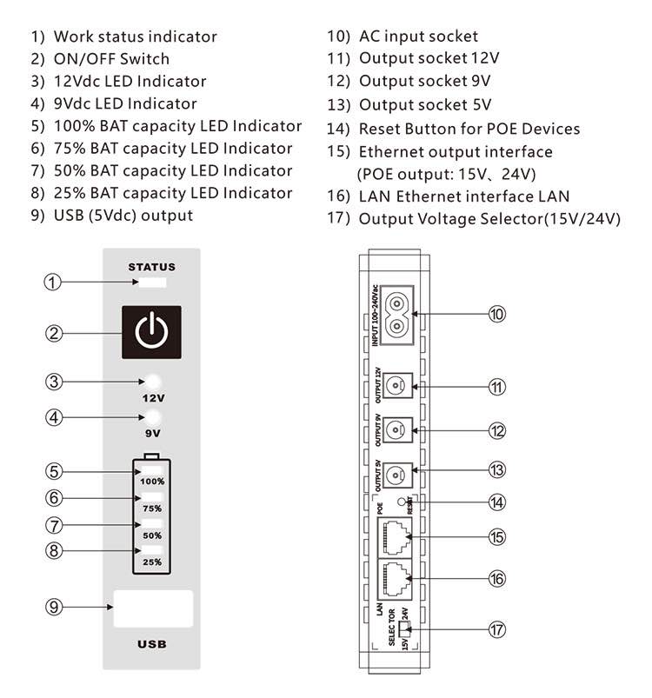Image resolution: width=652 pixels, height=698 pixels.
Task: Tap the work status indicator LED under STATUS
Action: click(152, 283)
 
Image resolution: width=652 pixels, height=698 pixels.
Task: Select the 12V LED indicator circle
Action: click(153, 382)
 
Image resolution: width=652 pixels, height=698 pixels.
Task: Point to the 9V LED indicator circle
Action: click(153, 416)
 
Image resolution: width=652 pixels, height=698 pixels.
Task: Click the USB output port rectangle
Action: click(152, 608)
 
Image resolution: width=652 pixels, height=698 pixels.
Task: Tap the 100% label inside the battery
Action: click(153, 481)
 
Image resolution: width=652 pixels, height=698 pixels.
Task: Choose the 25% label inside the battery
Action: click(153, 562)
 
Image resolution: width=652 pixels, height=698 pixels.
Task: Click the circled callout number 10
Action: click(496, 314)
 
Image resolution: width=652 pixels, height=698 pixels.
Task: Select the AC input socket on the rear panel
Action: click(397, 314)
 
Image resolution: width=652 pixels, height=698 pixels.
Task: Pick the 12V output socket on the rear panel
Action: click(398, 385)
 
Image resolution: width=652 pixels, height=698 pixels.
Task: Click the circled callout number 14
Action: click(496, 502)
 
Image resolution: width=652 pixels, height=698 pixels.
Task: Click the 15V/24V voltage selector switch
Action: click(400, 628)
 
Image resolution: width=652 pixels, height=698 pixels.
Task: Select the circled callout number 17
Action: click(496, 628)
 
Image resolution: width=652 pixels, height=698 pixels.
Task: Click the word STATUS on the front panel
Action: click(152, 267)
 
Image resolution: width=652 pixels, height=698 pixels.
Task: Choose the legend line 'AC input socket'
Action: click(403, 37)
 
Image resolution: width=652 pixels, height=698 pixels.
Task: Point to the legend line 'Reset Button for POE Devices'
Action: click(453, 129)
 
